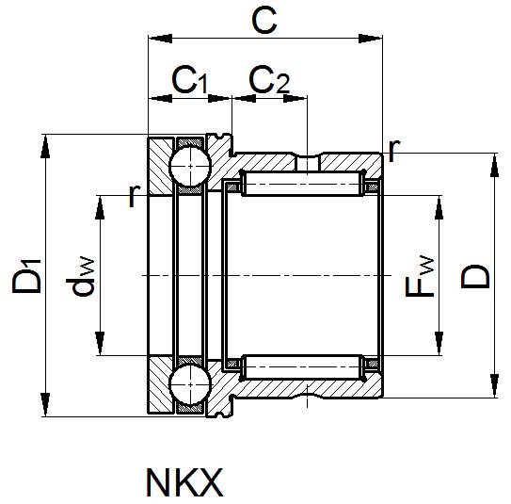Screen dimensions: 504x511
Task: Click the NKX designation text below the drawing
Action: coord(185,481)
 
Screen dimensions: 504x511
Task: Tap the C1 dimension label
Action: coord(189,81)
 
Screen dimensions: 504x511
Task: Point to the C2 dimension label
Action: coord(269,81)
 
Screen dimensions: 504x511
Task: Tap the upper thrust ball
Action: coord(189,168)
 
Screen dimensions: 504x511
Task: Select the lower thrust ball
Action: coord(189,385)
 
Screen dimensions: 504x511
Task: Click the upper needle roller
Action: coord(302,184)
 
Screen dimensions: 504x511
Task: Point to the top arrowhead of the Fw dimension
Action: coord(439,204)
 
